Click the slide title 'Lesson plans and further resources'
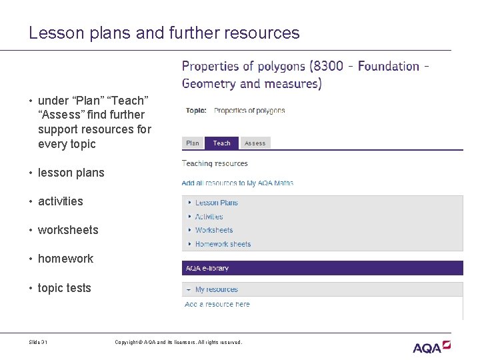pos(164,33)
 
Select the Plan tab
pos(193,143)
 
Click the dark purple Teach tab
pos(221,143)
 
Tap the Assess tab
pos(255,143)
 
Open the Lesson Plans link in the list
pos(216,203)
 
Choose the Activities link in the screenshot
pos(209,217)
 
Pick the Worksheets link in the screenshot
pos(214,230)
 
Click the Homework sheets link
pos(223,244)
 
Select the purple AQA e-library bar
pos(322,268)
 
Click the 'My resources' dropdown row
pos(216,289)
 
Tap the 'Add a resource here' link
pos(217,304)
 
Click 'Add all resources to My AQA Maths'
pos(237,183)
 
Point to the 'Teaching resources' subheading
pos(215,163)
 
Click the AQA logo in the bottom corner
pos(431,347)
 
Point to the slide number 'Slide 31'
pos(38,343)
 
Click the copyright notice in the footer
pos(178,343)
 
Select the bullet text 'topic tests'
pos(64,288)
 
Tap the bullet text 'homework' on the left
pos(65,259)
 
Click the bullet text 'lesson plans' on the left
pos(71,173)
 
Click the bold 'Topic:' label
pos(196,111)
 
